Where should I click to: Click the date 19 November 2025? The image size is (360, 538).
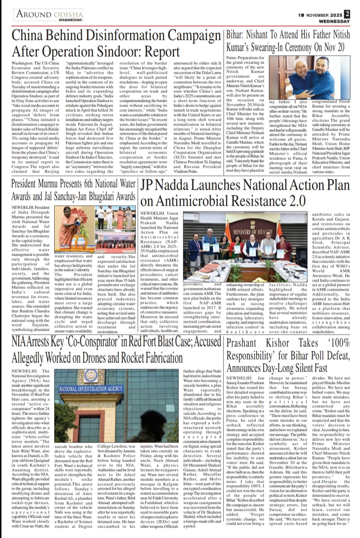tap(320, 15)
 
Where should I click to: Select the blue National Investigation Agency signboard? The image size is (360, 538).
tap(91, 389)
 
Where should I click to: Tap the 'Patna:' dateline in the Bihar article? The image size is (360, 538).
tap(232, 58)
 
